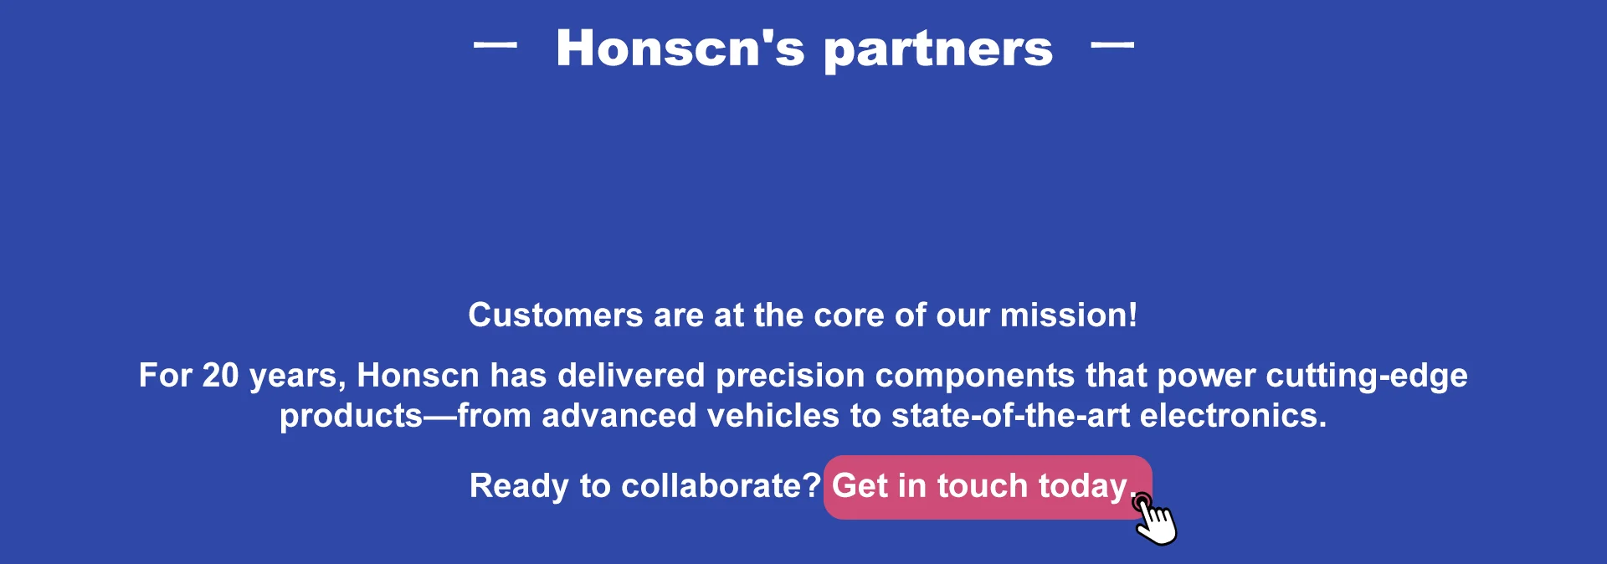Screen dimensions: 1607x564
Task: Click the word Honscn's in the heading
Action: (680, 48)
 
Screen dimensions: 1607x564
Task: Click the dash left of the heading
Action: (495, 45)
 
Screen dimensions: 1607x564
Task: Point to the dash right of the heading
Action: (1112, 45)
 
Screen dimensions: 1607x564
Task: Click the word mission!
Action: (1069, 315)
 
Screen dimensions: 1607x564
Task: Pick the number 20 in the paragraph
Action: (220, 376)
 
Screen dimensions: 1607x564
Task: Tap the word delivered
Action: (631, 376)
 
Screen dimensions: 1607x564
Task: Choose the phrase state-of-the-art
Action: (1010, 416)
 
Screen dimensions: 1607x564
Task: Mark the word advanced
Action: (619, 416)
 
